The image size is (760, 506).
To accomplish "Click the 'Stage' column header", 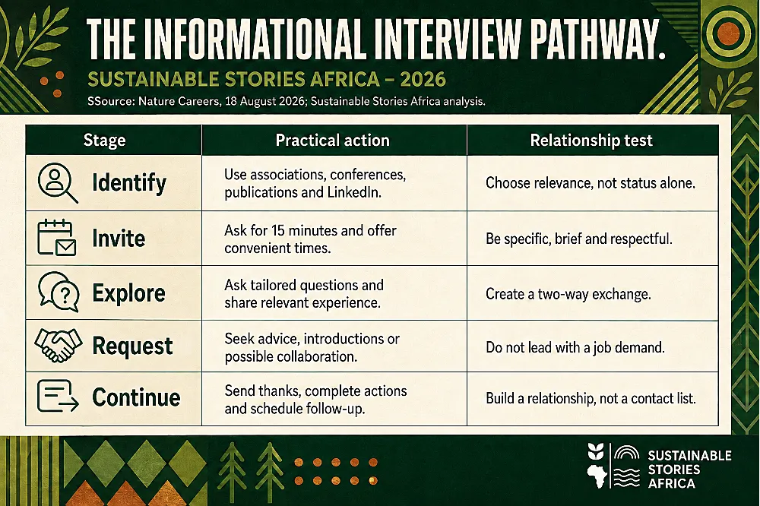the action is tap(104, 140).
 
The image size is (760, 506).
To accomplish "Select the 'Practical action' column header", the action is tap(333, 140).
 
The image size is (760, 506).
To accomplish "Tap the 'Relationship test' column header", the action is tap(591, 140).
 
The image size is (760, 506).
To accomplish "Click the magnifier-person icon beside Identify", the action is tap(58, 182).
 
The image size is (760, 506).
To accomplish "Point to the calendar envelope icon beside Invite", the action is tap(57, 238).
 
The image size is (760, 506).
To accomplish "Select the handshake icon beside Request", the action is tap(59, 345).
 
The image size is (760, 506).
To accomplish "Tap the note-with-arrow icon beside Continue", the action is tap(58, 396).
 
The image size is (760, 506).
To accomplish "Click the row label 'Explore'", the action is tap(129, 293).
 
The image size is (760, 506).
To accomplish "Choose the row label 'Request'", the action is tap(132, 346).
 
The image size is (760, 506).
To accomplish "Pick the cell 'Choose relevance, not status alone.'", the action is tap(591, 182).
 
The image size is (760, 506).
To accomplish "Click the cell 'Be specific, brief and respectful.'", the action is tap(578, 239).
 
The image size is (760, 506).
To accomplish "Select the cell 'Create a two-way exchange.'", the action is tap(568, 294).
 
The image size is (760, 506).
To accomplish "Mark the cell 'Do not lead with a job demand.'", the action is tap(575, 347).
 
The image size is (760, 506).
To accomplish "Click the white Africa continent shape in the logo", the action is tap(596, 476).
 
